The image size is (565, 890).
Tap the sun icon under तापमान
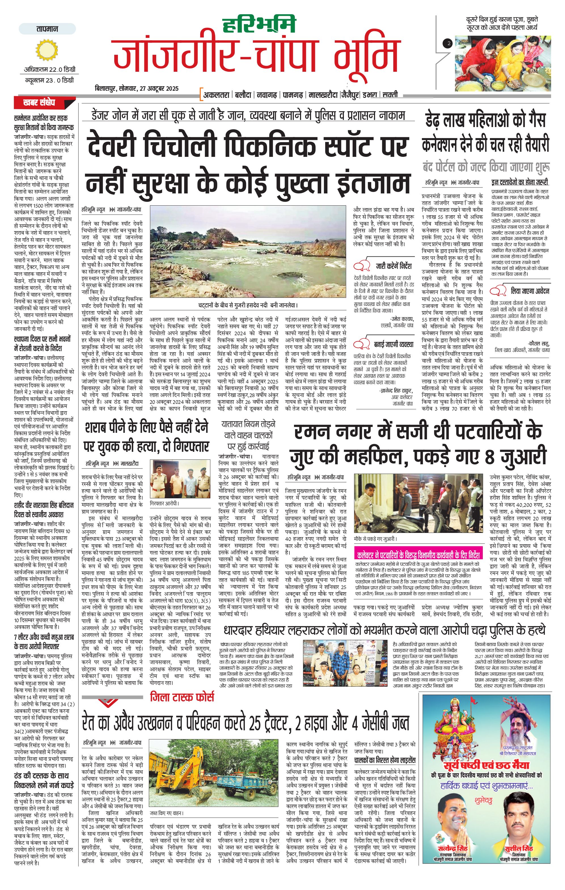coord(47,50)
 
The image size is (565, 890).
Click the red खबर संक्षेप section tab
coord(39,102)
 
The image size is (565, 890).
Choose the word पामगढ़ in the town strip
coord(293,95)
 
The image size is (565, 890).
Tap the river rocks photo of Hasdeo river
coord(247,251)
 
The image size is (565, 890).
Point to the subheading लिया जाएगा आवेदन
coord(530,291)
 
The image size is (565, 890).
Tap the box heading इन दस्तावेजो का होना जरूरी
coord(520,182)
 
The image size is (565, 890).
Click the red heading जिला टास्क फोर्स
coord(182,697)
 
